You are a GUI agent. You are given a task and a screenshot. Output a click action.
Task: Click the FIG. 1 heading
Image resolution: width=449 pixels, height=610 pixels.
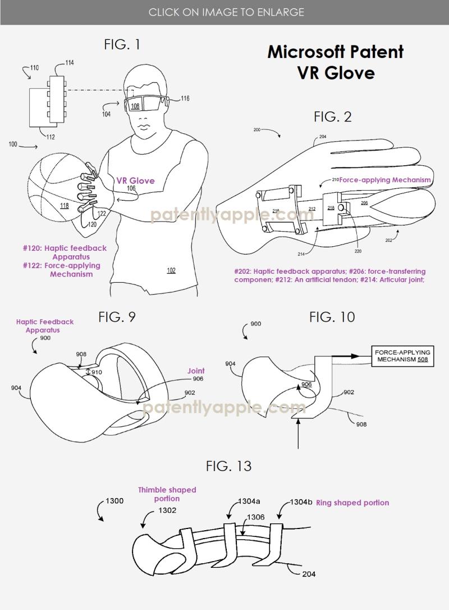coord(122,45)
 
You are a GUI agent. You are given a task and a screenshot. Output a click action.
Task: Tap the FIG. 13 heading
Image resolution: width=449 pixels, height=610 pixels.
coord(228,466)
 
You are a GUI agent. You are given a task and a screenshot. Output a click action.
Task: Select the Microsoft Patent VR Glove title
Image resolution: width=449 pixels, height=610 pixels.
coord(336,62)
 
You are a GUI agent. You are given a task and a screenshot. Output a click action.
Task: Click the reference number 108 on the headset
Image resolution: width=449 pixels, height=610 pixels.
coord(135,106)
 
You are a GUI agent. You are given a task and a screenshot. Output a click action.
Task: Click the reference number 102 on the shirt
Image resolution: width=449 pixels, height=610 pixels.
coord(171,270)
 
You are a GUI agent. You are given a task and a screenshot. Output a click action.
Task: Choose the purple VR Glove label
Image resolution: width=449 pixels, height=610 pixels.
coord(135,180)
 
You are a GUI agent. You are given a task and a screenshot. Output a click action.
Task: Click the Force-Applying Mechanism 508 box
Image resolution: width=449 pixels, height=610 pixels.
coord(397,356)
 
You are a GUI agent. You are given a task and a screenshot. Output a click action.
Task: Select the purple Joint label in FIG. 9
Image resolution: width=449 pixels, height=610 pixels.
coord(196,371)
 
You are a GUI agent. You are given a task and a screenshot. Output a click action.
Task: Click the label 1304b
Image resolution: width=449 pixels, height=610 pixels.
coord(301,502)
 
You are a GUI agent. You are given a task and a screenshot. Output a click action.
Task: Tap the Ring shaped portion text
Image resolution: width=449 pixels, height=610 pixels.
coord(352,503)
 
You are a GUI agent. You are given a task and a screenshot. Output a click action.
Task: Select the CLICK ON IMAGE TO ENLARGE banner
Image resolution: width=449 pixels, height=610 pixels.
coord(226,12)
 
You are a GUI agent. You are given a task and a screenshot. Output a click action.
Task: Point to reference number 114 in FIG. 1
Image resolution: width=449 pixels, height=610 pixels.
coord(69,62)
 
